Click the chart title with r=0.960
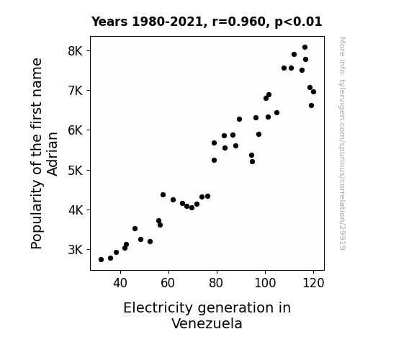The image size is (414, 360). (207, 22)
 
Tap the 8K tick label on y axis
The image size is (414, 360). (76, 50)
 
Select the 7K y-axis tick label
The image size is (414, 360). (76, 91)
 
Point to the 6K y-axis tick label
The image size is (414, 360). (76, 130)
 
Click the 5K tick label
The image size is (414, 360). (76, 171)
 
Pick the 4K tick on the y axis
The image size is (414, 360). (76, 210)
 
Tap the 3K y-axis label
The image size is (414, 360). (76, 250)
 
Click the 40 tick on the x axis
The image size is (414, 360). (120, 283)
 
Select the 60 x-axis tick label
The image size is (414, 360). (168, 283)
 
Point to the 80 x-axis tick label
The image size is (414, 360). (217, 283)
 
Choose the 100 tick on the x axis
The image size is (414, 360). (265, 283)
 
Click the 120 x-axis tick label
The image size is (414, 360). (313, 283)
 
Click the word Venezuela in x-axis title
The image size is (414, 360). (207, 323)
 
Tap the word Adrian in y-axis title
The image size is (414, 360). (53, 154)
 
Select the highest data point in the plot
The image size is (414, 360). (305, 48)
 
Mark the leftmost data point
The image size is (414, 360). (101, 260)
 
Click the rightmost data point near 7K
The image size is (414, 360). (313, 92)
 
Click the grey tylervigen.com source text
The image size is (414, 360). (342, 143)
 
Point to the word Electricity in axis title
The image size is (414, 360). (158, 308)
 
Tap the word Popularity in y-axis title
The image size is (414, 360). (37, 214)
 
